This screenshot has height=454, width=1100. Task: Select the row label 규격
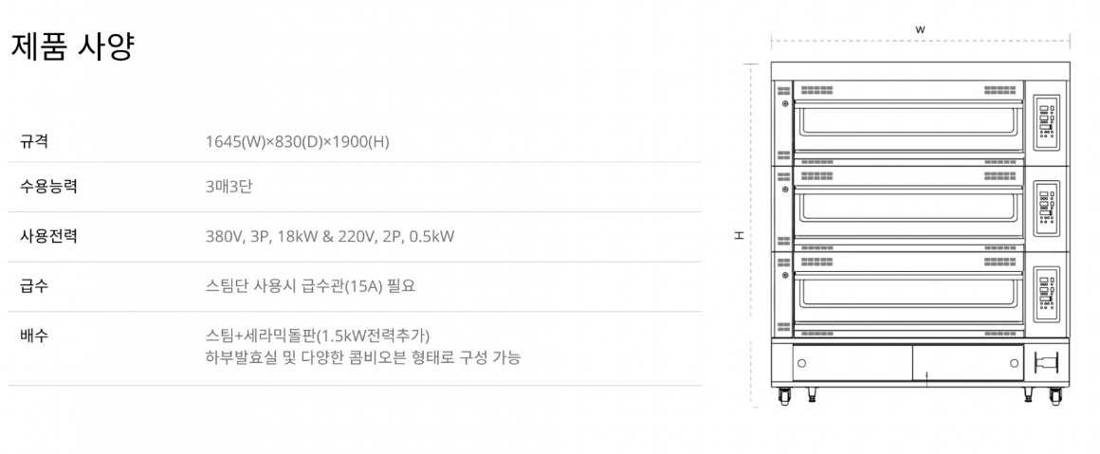click(x=34, y=142)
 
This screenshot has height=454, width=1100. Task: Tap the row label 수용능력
click(x=48, y=187)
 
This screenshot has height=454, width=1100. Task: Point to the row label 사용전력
click(x=48, y=236)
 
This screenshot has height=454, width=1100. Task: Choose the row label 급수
click(x=34, y=285)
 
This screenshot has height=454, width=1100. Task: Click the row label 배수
click(x=34, y=335)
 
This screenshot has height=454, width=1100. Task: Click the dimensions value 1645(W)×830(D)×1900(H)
click(x=297, y=142)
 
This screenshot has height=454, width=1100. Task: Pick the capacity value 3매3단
click(x=229, y=187)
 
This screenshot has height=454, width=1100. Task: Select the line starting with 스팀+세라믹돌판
click(x=318, y=335)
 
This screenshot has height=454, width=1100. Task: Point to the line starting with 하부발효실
click(x=362, y=357)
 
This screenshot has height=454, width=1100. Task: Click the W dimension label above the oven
click(x=920, y=29)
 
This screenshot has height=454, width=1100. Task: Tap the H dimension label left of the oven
click(x=739, y=235)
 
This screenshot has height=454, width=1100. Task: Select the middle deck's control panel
click(x=1046, y=207)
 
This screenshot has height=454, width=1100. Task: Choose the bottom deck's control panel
click(x=1046, y=290)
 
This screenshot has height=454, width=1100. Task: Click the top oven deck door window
click(x=908, y=120)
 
